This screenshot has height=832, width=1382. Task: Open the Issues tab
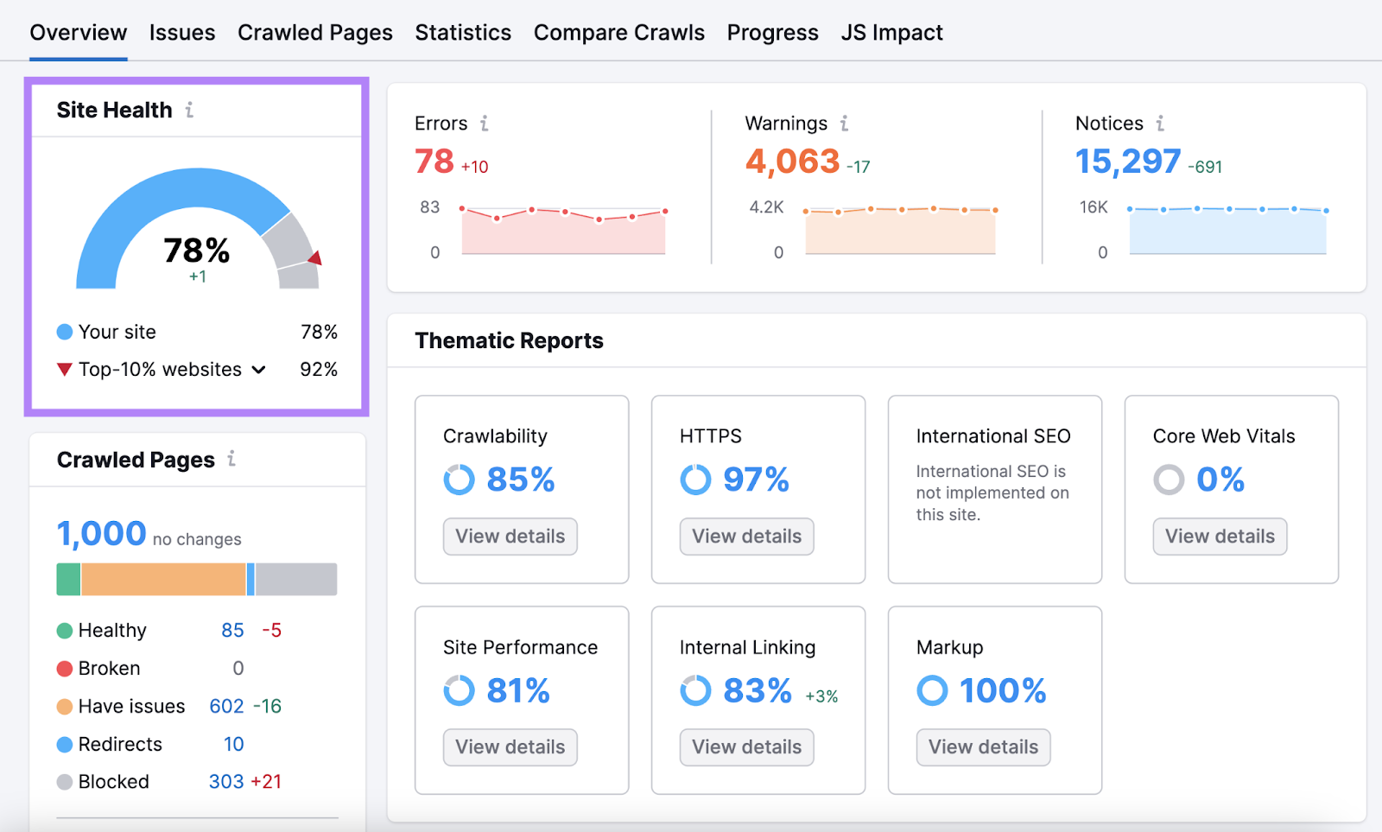click(181, 33)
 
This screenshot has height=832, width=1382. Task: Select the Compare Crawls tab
click(618, 33)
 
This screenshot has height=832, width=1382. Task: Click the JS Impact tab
click(891, 33)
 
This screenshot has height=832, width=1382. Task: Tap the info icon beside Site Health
click(189, 110)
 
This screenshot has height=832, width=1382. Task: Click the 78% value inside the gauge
click(197, 251)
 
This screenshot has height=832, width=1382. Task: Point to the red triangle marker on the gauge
click(315, 257)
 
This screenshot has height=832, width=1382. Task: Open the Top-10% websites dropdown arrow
click(258, 370)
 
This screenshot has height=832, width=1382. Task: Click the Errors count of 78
click(434, 162)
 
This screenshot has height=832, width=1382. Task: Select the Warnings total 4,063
click(792, 162)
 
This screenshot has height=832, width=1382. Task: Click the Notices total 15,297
click(1127, 162)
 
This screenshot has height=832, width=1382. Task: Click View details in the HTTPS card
click(746, 537)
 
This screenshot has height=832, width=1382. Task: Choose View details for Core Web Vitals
click(1220, 537)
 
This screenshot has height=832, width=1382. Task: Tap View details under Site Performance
click(510, 747)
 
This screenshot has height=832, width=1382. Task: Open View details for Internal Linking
click(746, 747)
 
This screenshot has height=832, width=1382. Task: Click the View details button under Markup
click(983, 747)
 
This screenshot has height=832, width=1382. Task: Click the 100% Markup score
click(1002, 691)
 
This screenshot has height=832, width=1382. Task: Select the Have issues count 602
click(226, 707)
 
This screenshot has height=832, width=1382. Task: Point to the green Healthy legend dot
click(65, 631)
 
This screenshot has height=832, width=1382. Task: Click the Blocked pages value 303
click(226, 782)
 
